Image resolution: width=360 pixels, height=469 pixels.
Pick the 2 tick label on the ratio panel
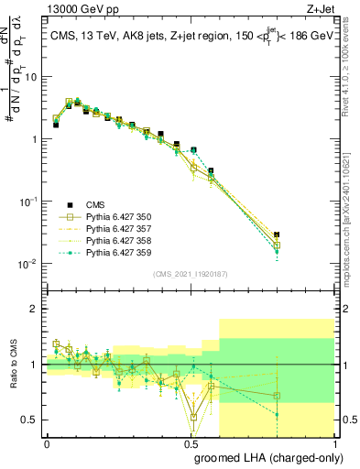[34, 309]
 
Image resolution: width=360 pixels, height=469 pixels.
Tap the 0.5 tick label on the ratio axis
[30, 420]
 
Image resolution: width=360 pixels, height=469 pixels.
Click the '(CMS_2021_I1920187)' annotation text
[190, 272]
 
